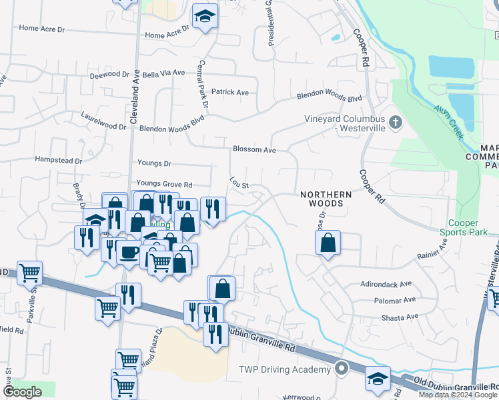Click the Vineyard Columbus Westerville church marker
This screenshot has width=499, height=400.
click(x=396, y=122)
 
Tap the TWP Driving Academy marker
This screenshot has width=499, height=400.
click(x=342, y=368)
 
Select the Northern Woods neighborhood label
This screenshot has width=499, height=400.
click(x=326, y=199)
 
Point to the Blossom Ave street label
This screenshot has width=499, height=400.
click(x=254, y=150)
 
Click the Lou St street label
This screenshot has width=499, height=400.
click(x=239, y=182)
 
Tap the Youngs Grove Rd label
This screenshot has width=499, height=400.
click(x=164, y=184)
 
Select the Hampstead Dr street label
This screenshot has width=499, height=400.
click(x=59, y=161)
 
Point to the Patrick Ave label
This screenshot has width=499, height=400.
click(x=229, y=92)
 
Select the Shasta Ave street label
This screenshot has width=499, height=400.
click(x=400, y=317)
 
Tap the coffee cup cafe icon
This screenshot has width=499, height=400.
click(x=129, y=252)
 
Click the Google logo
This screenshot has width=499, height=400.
click(x=22, y=392)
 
